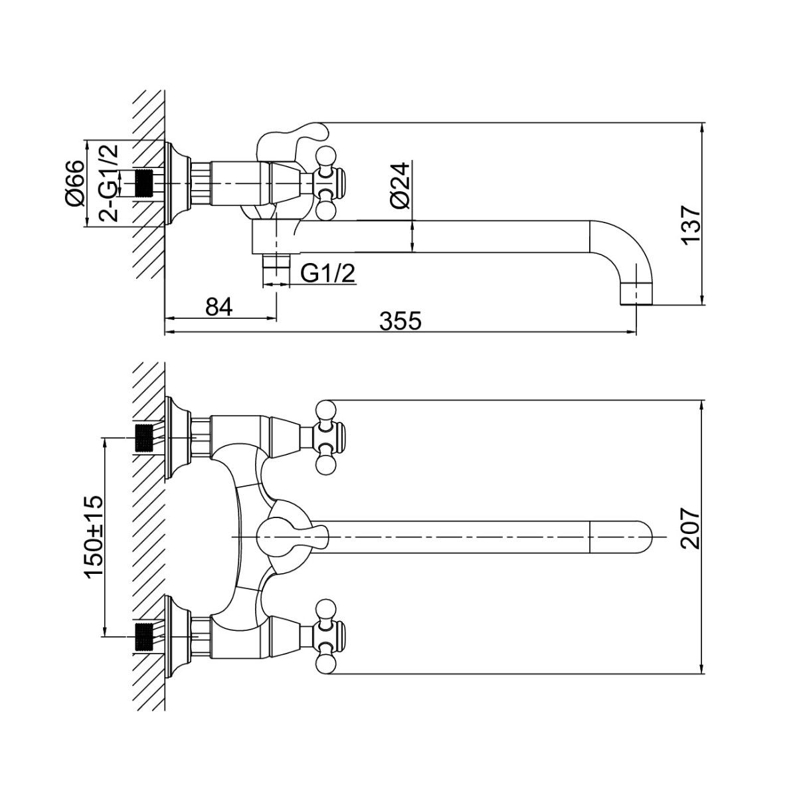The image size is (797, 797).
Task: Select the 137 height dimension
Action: [691, 226]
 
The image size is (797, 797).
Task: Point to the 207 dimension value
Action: [691, 528]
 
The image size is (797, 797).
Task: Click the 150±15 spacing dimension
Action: [93, 535]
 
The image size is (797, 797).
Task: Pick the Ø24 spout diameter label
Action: [400, 186]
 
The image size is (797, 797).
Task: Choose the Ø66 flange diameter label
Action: [74, 183]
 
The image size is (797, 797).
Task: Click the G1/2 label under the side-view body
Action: [327, 273]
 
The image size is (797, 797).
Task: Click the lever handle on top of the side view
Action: [292, 136]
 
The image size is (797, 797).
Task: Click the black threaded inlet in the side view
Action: [145, 183]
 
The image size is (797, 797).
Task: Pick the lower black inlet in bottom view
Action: [145, 636]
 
